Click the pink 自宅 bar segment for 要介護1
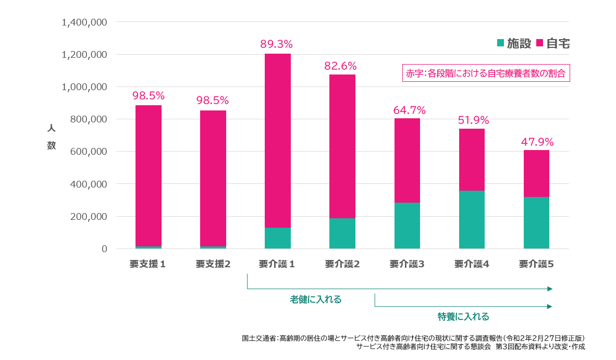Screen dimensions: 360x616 (278, 141)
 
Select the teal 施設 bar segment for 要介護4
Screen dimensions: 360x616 (472, 219)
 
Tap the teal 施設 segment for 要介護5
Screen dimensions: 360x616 (536, 222)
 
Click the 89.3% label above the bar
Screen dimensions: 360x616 (276, 44)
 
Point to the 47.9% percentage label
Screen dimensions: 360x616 (537, 142)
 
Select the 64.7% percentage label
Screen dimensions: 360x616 (409, 110)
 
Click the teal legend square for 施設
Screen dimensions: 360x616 (501, 43)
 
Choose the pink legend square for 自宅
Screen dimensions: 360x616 (539, 43)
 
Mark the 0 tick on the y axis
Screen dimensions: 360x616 (104, 249)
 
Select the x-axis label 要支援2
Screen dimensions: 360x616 (213, 264)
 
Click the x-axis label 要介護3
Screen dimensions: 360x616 (407, 264)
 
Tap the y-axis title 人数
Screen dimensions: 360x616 (51, 137)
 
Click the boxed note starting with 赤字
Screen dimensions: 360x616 (486, 73)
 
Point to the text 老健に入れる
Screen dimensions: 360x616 (316, 300)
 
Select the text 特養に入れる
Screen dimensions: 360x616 (463, 317)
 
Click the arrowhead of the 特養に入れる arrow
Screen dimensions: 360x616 (549, 307)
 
